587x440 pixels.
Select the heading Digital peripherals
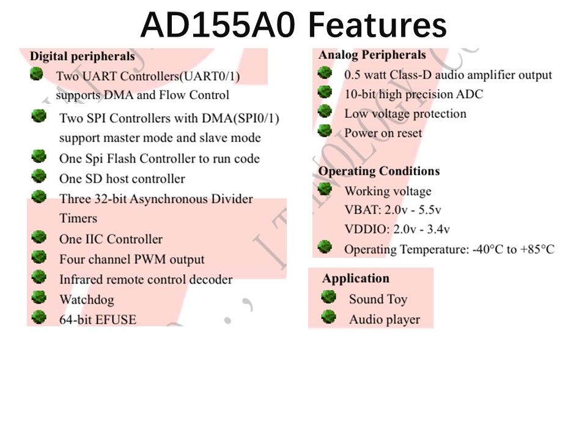(83, 56)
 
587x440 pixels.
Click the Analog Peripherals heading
(372, 54)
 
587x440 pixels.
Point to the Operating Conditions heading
(379, 171)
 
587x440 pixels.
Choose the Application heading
(356, 279)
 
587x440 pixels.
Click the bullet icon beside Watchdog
(39, 298)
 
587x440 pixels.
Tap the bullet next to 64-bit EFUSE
(39, 317)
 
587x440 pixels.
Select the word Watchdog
(87, 299)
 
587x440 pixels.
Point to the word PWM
(150, 259)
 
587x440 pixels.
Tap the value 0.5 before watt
(353, 75)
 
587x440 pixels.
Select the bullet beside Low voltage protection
(325, 111)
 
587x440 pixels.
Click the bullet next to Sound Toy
(329, 297)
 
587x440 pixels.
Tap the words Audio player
(385, 320)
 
